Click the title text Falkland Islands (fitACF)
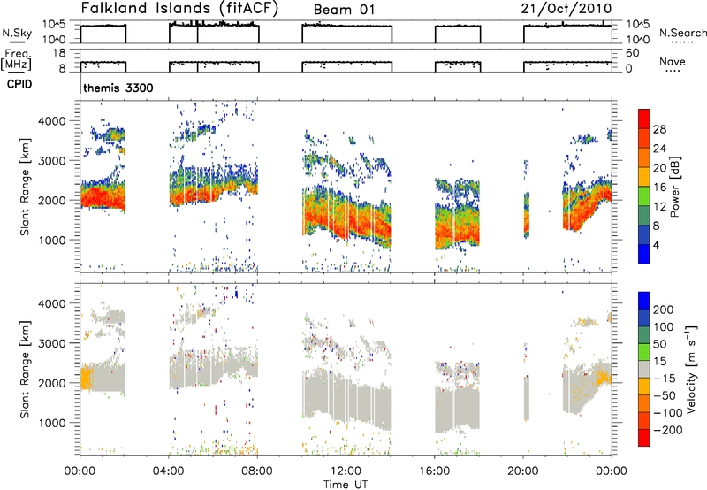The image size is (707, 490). point(179,9)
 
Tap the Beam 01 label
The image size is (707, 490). point(344,10)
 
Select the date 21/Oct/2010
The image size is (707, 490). point(566,9)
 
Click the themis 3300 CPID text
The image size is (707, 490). point(118,88)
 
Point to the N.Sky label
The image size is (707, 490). point(17,33)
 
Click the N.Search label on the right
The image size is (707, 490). point(682,33)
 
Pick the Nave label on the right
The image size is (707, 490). point(673,62)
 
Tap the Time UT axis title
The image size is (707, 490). point(346,484)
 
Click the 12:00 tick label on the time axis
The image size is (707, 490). point(346,471)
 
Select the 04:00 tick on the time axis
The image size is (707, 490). point(168,471)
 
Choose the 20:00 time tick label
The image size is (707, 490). point(522,471)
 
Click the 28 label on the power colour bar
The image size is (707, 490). point(659,129)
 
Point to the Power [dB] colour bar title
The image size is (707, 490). point(675,187)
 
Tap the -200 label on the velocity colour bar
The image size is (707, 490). point(667,430)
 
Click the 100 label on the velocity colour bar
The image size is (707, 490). point(664,327)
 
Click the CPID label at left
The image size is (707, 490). point(19,84)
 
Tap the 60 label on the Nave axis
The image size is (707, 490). point(632,53)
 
